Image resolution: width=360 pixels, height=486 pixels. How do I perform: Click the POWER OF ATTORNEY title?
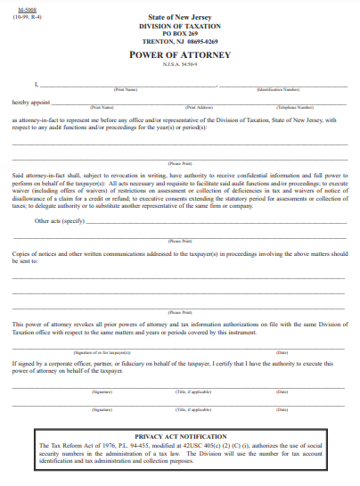[x=180, y=54]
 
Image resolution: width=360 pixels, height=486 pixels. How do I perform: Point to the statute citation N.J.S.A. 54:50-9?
[x=180, y=64]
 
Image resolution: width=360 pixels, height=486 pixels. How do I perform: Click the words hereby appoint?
[x=31, y=102]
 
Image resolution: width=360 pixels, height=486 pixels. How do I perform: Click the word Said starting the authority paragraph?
[x=18, y=176]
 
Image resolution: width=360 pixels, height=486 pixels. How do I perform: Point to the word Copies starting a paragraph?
[x=22, y=254]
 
